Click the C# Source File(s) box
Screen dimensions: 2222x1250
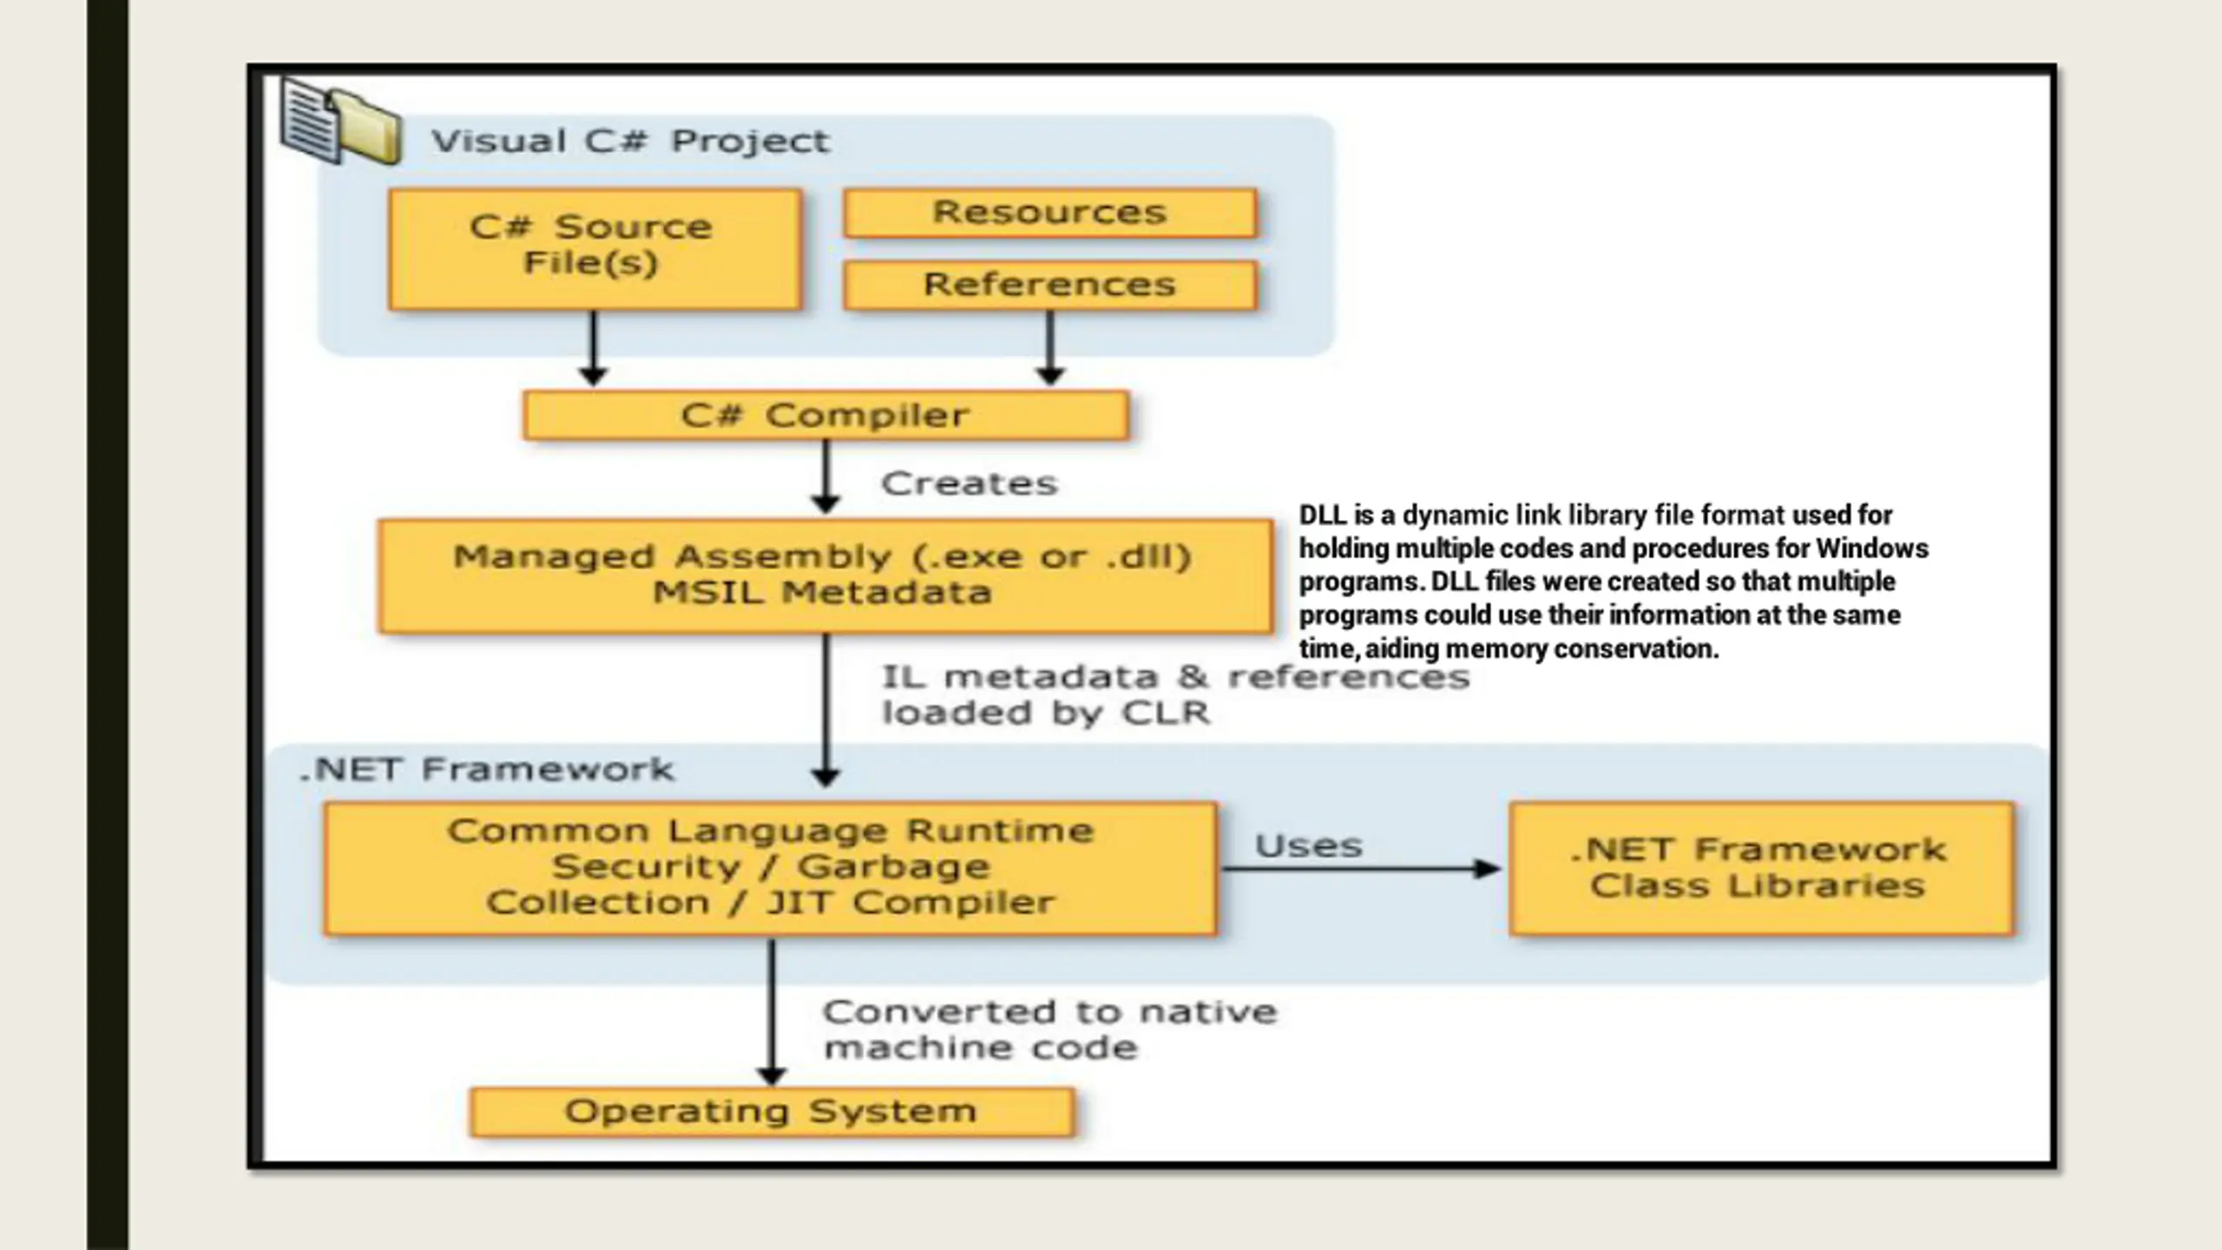(x=595, y=249)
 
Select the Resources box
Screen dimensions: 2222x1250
(x=1050, y=213)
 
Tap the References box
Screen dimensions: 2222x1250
(x=1050, y=285)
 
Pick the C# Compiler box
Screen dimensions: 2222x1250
(x=825, y=415)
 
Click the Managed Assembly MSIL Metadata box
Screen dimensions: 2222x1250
(x=825, y=576)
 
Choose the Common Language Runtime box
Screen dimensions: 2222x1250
(x=770, y=868)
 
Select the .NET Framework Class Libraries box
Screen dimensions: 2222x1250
(x=1761, y=868)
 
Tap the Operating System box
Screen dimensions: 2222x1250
(x=772, y=1112)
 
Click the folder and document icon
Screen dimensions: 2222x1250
(x=340, y=121)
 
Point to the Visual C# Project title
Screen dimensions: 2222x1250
(x=631, y=141)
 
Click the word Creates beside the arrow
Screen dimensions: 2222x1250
(x=970, y=484)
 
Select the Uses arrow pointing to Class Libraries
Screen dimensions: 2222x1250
(x=1360, y=868)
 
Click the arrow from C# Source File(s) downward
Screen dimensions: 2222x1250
(x=594, y=348)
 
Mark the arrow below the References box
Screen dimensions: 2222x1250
(x=1050, y=348)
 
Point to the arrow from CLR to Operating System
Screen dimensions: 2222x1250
(x=772, y=1011)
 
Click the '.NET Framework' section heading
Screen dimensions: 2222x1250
(x=487, y=769)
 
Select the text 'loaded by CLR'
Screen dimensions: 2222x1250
(x=1046, y=713)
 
